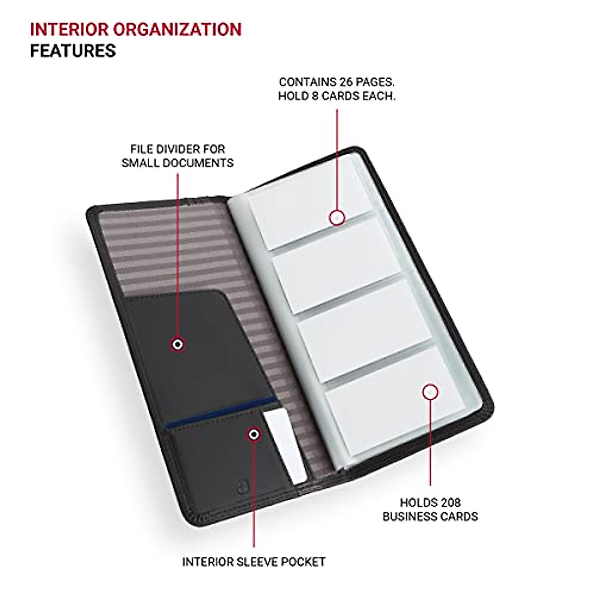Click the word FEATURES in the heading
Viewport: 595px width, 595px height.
(x=73, y=51)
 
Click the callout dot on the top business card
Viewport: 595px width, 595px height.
(x=337, y=217)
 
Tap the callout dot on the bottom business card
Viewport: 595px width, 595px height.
(x=430, y=392)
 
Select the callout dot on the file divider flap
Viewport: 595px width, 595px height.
(x=178, y=344)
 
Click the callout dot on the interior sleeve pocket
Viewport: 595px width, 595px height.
(x=254, y=435)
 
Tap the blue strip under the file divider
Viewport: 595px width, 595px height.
(x=221, y=412)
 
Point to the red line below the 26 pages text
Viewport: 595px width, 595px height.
(x=337, y=159)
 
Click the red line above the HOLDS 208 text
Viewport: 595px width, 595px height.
(x=430, y=446)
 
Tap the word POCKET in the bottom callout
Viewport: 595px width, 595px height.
(x=303, y=562)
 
